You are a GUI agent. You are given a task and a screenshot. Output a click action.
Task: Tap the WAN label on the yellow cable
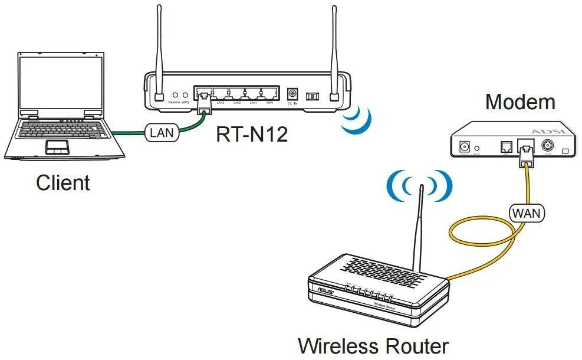tap(527, 212)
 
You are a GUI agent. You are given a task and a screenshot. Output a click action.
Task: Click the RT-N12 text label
tap(252, 135)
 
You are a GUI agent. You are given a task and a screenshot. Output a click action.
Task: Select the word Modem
tap(519, 102)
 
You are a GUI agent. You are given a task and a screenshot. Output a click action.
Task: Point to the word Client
tap(63, 182)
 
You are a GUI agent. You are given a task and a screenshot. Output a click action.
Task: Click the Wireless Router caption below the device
tap(373, 346)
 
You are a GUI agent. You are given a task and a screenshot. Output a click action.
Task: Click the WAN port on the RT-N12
tap(269, 93)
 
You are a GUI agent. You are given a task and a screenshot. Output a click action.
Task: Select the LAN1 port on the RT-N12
tap(253, 93)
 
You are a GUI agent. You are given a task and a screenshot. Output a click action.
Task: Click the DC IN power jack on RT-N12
tap(291, 94)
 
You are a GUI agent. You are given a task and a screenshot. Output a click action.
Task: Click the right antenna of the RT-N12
tap(335, 53)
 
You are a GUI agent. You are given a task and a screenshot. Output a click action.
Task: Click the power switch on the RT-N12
tap(311, 95)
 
